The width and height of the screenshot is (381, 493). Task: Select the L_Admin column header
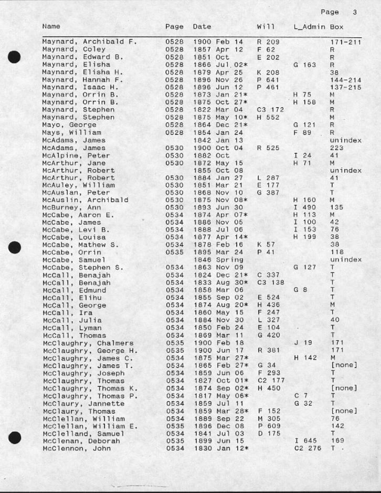tap(310, 26)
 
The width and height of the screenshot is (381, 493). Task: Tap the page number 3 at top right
tap(354, 12)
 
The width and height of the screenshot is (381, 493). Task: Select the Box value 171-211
tap(345, 41)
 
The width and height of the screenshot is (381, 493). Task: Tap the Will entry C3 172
tap(270, 110)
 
